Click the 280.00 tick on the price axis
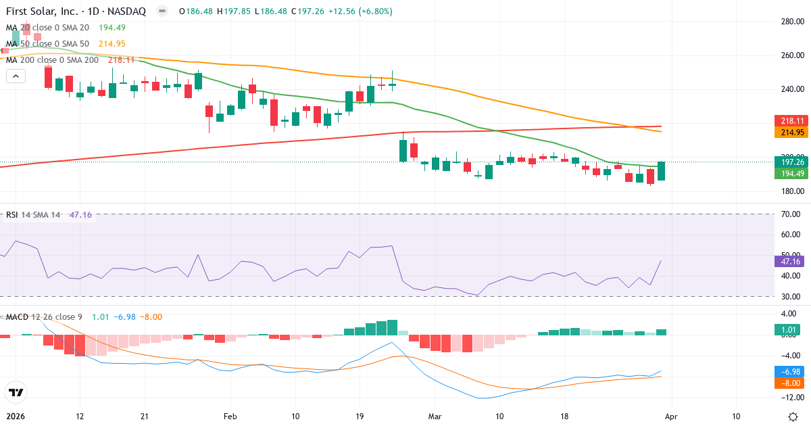pos(791,22)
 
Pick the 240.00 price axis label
pos(791,89)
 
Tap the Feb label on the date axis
pos(231,416)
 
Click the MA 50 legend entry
pos(47,43)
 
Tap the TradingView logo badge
pos(16,392)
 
